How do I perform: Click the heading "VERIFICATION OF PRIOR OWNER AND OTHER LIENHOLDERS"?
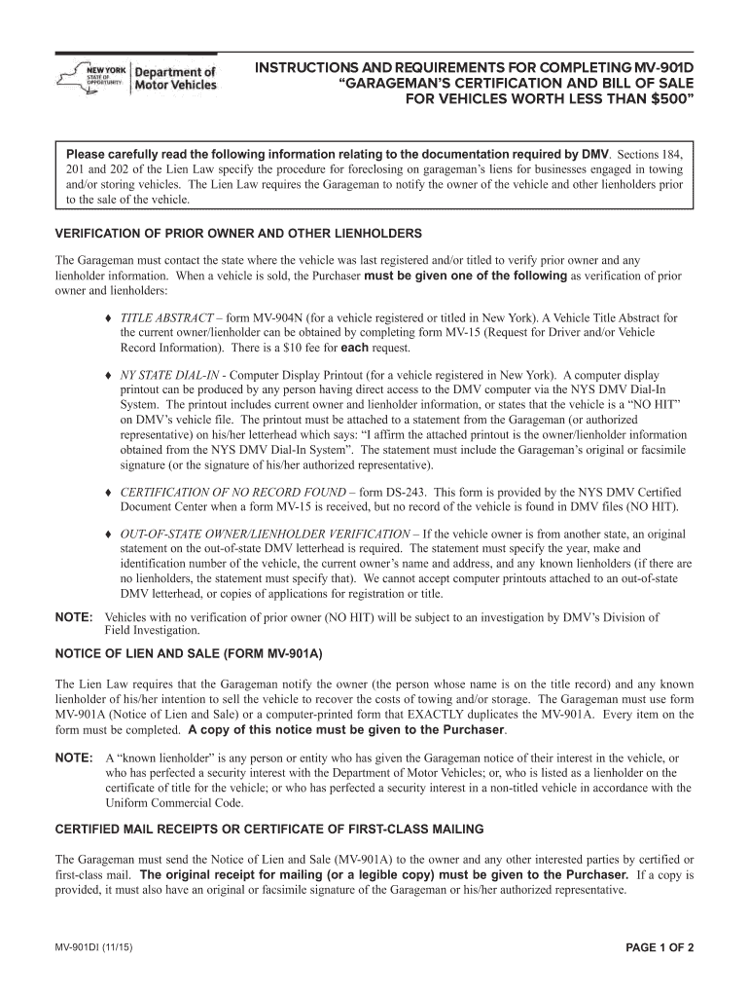pos(238,235)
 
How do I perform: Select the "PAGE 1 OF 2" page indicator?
pos(652,948)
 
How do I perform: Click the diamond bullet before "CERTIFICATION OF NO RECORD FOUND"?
pos(107,492)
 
